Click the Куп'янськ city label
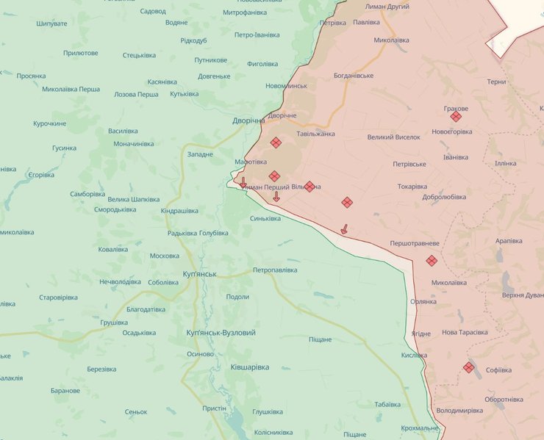[199, 274]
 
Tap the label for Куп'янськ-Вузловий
[221, 333]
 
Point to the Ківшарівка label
[249, 367]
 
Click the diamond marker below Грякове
[456, 116]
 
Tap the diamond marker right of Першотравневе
[432, 260]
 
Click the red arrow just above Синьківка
[276, 197]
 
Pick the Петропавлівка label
[275, 270]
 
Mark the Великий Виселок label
[393, 137]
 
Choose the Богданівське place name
[354, 76]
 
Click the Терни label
[496, 82]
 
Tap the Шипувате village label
[51, 24]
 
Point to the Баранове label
[65, 391]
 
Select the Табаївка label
[387, 404]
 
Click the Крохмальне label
[420, 428]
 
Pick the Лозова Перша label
[136, 95]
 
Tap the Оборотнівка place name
[504, 400]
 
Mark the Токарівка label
[412, 187]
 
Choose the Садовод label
[152, 11]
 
